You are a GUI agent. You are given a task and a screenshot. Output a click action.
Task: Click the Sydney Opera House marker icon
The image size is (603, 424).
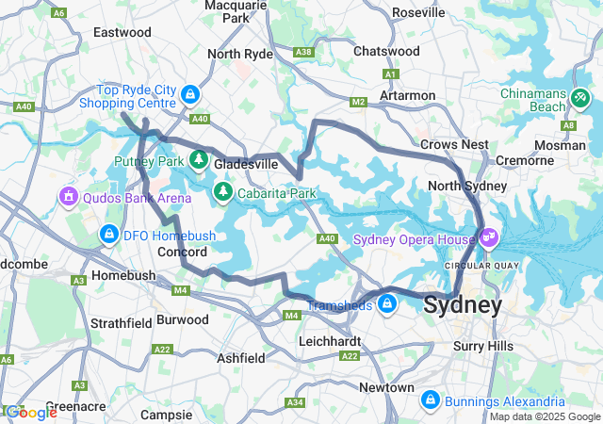pos(489,238)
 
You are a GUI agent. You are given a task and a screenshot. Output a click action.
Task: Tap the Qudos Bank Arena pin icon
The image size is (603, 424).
pos(68,197)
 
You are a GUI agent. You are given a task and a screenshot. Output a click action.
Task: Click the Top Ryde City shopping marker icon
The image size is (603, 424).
pos(191,94)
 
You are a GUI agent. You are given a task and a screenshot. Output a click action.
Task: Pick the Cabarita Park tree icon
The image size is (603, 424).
pos(223,193)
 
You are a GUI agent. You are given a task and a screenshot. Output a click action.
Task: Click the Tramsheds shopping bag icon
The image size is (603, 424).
pos(387,303)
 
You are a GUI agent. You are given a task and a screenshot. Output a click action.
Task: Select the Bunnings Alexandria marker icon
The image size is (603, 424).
pos(431,400)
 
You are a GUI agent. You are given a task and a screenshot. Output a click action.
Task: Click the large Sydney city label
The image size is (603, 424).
pos(463,305)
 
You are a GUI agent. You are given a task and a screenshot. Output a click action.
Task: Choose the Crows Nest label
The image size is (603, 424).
pos(454,144)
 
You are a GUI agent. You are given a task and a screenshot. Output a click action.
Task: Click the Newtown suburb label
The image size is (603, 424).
pos(386,387)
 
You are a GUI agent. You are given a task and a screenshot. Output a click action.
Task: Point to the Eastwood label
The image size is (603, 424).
pos(122,32)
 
